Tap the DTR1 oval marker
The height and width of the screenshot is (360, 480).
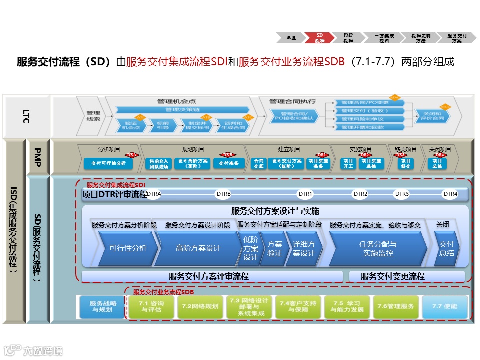pos(305,194)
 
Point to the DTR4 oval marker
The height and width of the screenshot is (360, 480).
pos(450,194)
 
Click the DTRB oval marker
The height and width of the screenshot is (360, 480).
pos(224,194)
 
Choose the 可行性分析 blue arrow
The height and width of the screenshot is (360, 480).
pos(128,248)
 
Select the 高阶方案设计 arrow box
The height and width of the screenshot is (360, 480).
pos(198,248)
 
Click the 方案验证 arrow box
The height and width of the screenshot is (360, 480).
pos(274,248)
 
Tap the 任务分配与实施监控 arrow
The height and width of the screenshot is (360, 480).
pos(378,248)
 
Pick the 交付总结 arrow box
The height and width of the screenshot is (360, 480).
pos(446,248)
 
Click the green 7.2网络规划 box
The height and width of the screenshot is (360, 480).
pos(200,306)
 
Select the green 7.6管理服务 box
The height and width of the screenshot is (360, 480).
pos(395,306)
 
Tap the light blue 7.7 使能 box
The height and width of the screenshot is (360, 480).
pos(444,306)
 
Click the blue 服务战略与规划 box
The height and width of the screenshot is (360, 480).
pos(101,306)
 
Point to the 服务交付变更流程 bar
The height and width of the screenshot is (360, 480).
pos(407,276)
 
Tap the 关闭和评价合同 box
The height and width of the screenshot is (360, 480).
pos(430,116)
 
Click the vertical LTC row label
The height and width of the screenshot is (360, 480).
pos(26,116)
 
